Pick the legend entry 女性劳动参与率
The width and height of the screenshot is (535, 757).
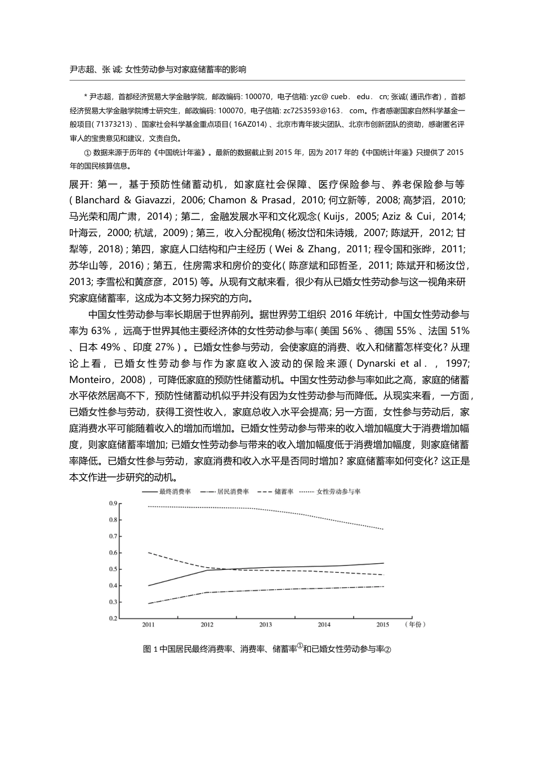(x=338, y=492)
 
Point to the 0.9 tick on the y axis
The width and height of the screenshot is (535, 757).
(x=113, y=503)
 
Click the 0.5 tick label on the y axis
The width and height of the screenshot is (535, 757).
(x=113, y=569)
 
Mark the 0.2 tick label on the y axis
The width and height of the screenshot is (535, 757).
(x=113, y=618)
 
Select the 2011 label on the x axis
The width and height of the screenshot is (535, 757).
(x=148, y=625)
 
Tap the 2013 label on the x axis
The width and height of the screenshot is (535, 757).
(x=265, y=625)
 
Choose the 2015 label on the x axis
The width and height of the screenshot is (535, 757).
(x=383, y=625)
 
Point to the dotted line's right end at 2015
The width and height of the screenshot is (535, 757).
(x=384, y=529)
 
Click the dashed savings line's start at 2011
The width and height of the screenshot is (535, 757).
(x=148, y=553)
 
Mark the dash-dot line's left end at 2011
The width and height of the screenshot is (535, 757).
(x=148, y=603)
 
